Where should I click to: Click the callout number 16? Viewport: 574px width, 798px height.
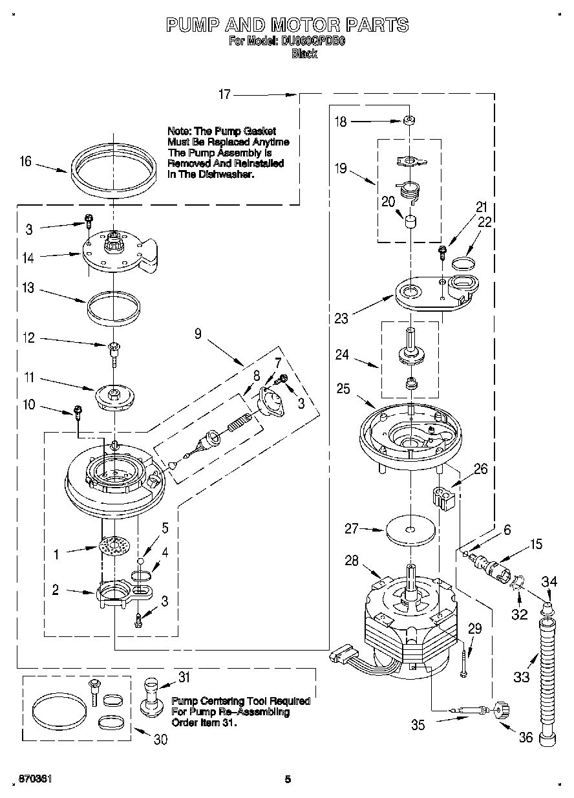[25, 161]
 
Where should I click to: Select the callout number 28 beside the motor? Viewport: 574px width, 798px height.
[352, 561]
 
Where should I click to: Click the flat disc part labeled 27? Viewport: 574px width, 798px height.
[410, 530]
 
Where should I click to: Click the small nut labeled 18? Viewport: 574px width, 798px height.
[409, 120]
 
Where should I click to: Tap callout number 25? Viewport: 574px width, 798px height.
[344, 389]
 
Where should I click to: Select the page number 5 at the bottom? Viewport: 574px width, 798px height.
[288, 779]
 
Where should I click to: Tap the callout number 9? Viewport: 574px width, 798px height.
[198, 334]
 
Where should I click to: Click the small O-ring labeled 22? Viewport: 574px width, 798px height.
[463, 263]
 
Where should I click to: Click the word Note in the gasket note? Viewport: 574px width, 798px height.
[178, 131]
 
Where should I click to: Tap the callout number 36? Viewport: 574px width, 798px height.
[526, 737]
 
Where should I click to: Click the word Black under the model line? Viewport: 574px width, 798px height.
[304, 54]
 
